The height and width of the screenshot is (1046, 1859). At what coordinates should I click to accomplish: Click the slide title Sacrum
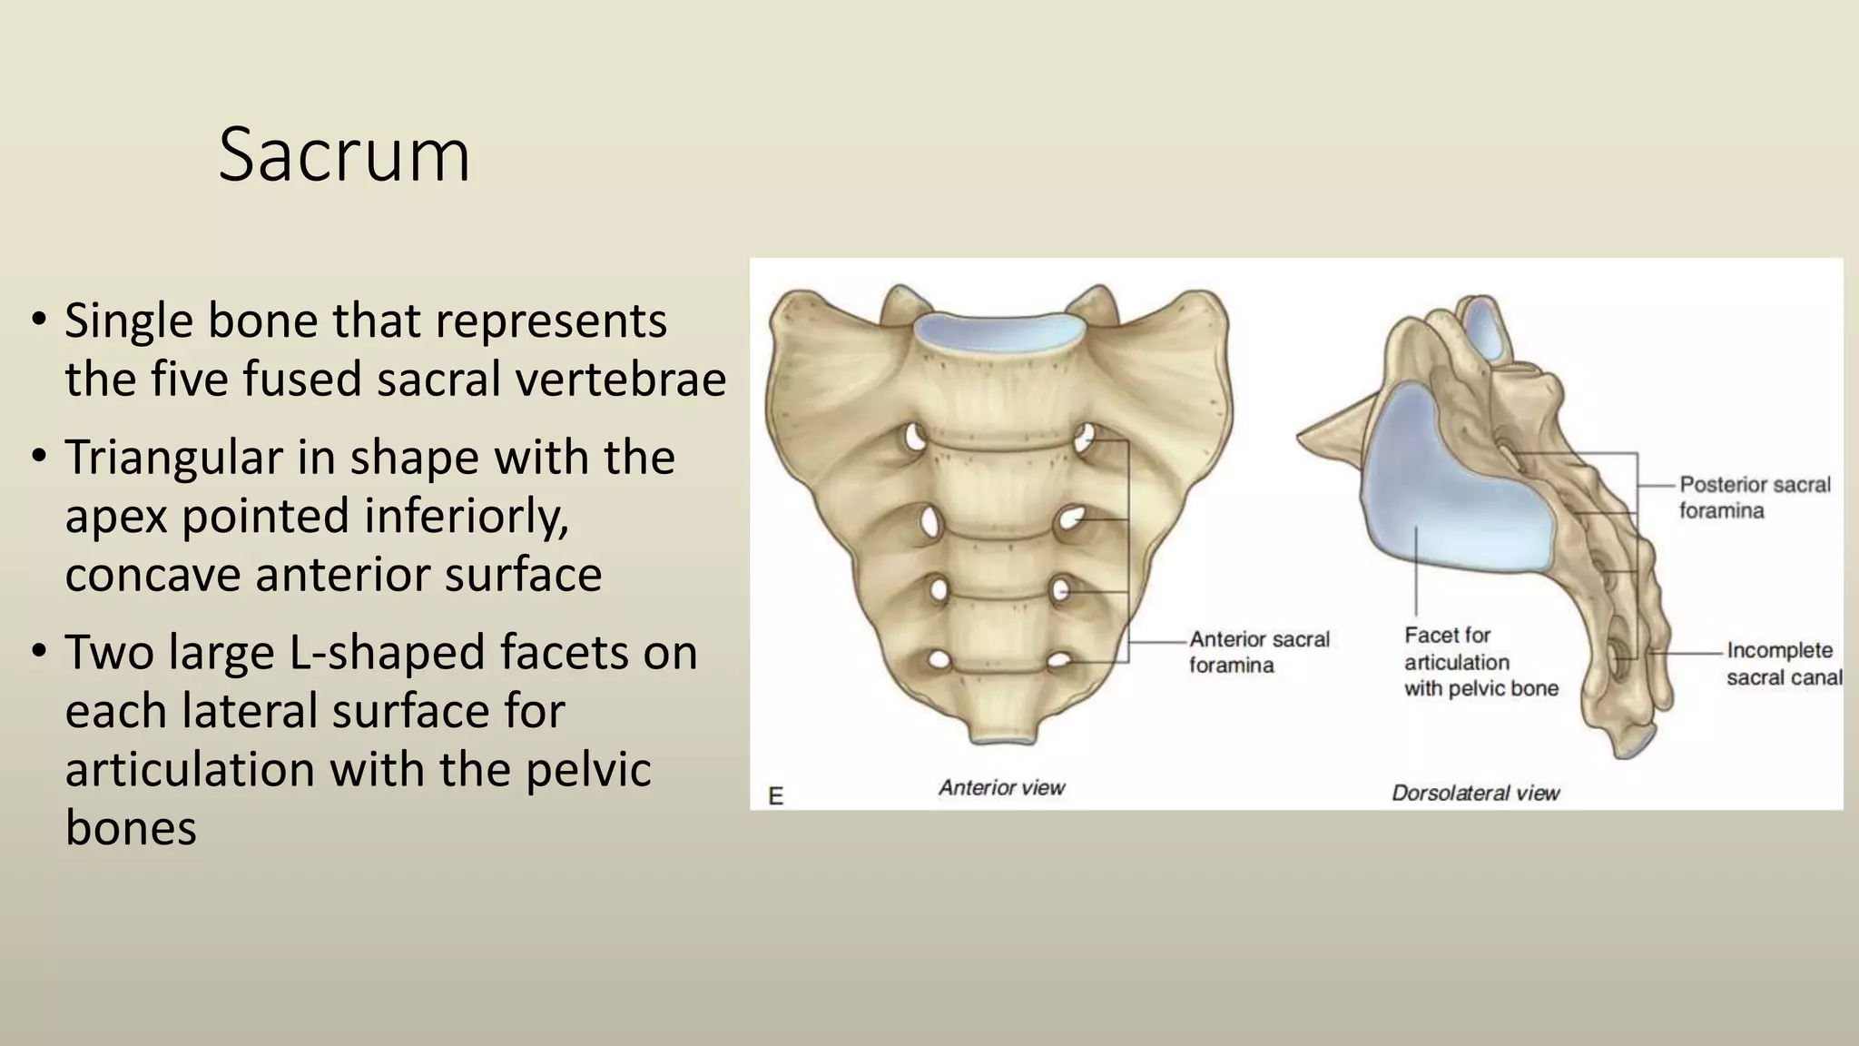click(344, 155)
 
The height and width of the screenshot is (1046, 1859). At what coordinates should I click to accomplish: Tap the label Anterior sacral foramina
click(1258, 652)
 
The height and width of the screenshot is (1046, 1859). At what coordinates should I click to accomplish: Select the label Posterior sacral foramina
click(1754, 498)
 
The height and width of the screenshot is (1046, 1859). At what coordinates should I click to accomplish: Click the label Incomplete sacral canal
click(1783, 664)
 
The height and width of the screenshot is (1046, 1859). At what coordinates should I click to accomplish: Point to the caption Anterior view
click(1001, 787)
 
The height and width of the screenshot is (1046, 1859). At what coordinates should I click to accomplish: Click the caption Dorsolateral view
click(1475, 793)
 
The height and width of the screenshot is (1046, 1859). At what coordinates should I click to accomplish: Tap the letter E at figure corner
click(776, 796)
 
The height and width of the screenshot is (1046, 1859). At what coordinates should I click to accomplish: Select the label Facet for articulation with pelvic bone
click(1480, 662)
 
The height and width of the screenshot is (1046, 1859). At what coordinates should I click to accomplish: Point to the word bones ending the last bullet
click(131, 827)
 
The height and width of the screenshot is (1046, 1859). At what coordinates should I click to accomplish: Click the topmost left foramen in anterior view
click(914, 439)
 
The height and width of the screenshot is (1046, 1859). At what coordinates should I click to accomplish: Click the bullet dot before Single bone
click(38, 320)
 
